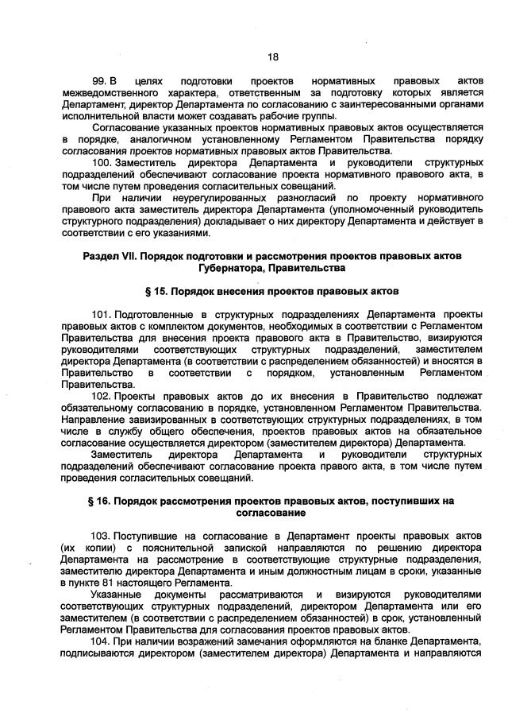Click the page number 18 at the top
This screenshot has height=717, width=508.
coord(272,56)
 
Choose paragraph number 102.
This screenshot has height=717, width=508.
coord(102,396)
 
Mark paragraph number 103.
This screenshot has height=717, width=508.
coord(102,537)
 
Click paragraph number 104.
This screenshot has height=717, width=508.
coord(102,641)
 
